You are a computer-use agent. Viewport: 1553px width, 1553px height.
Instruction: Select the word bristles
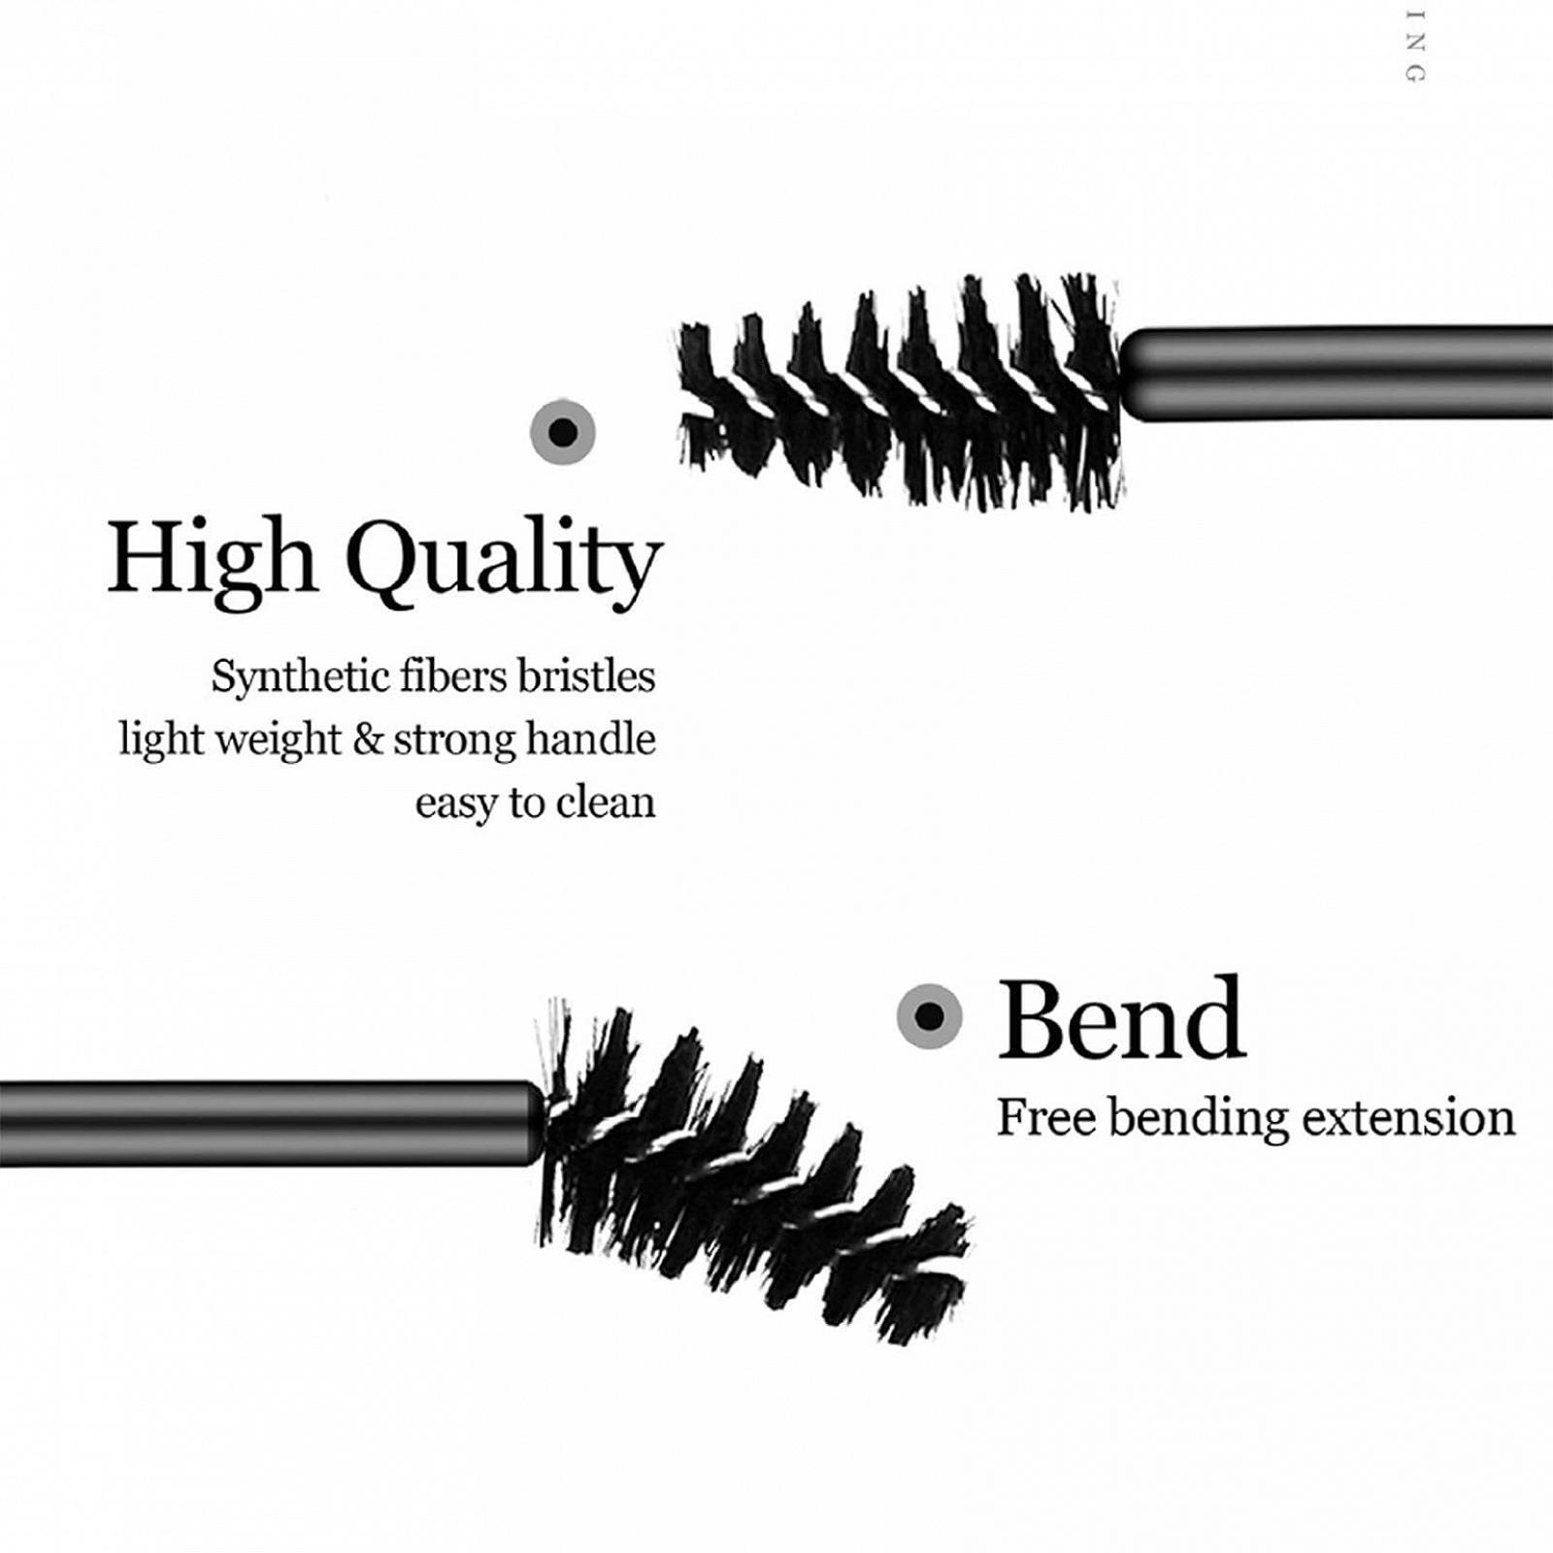tap(586, 676)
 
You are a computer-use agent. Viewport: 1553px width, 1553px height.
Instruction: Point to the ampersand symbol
tap(368, 740)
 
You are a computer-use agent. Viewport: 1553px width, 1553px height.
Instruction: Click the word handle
tap(590, 740)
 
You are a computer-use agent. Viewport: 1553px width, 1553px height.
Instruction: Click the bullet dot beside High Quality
tap(563, 431)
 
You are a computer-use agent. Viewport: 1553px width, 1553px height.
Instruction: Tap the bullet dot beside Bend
tap(930, 1016)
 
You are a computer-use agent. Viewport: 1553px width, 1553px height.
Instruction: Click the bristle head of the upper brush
tap(903, 393)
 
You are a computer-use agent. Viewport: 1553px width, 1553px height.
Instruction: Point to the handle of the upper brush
tap(1339, 375)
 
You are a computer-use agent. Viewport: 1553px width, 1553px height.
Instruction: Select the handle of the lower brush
tap(262, 1123)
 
